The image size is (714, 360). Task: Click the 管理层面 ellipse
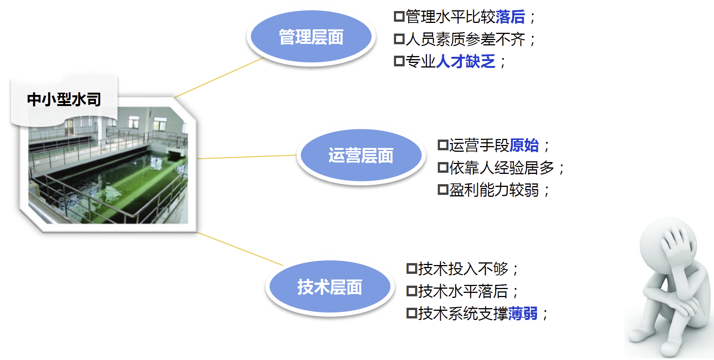pyautogui.click(x=311, y=37)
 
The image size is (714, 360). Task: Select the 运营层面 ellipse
pyautogui.click(x=361, y=155)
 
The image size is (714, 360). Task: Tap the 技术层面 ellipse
pyautogui.click(x=330, y=286)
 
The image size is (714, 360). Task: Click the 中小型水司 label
pyautogui.click(x=64, y=100)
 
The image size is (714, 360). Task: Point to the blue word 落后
pyautogui.click(x=510, y=17)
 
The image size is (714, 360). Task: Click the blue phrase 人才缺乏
pyautogui.click(x=465, y=61)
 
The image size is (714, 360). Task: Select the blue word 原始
pyautogui.click(x=524, y=145)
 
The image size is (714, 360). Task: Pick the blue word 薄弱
pyautogui.click(x=523, y=313)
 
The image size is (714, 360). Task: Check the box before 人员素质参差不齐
pyautogui.click(x=399, y=39)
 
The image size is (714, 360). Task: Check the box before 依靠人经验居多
pyautogui.click(x=443, y=167)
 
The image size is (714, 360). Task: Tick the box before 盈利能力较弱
pyautogui.click(x=443, y=190)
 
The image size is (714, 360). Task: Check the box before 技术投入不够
pyautogui.click(x=412, y=269)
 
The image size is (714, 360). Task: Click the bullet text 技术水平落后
pyautogui.click(x=463, y=291)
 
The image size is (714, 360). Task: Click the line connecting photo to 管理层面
pyautogui.click(x=219, y=77)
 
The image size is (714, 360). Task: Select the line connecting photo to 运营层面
pyautogui.click(x=247, y=157)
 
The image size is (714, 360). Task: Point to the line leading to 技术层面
pyautogui.click(x=240, y=249)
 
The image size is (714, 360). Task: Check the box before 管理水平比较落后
pyautogui.click(x=399, y=17)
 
